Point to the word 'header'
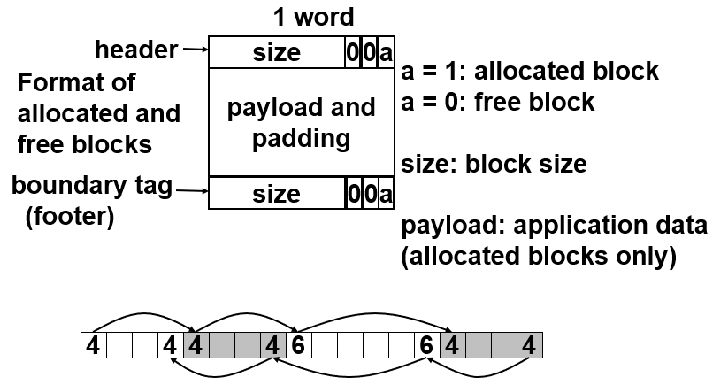(x=135, y=50)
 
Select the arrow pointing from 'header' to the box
(x=195, y=51)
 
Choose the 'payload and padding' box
(x=302, y=123)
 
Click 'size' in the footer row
(x=277, y=194)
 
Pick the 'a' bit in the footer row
(x=386, y=194)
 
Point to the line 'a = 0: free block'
(x=498, y=101)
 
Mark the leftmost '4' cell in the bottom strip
(x=92, y=345)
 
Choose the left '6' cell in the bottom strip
(x=297, y=345)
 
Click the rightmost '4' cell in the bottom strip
(x=528, y=345)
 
